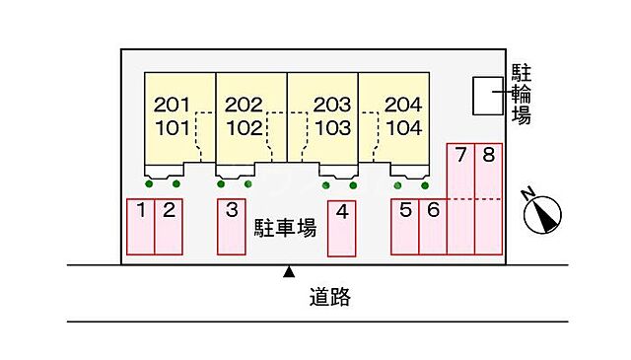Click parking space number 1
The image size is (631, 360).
pos(141,226)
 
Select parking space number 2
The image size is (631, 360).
pos(169,226)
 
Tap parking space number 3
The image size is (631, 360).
pos(232,226)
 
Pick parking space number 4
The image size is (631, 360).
pos(342,226)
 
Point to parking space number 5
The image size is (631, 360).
pos(405,226)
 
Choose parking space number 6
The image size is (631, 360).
pos(433,226)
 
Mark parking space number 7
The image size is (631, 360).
pos(460,197)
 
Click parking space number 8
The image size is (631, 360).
pos(488,197)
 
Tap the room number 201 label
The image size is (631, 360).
pos(172,104)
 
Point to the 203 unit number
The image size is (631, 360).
pos(331,104)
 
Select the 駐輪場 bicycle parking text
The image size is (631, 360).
pos(523,95)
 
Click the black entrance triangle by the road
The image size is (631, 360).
pos(289,270)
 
